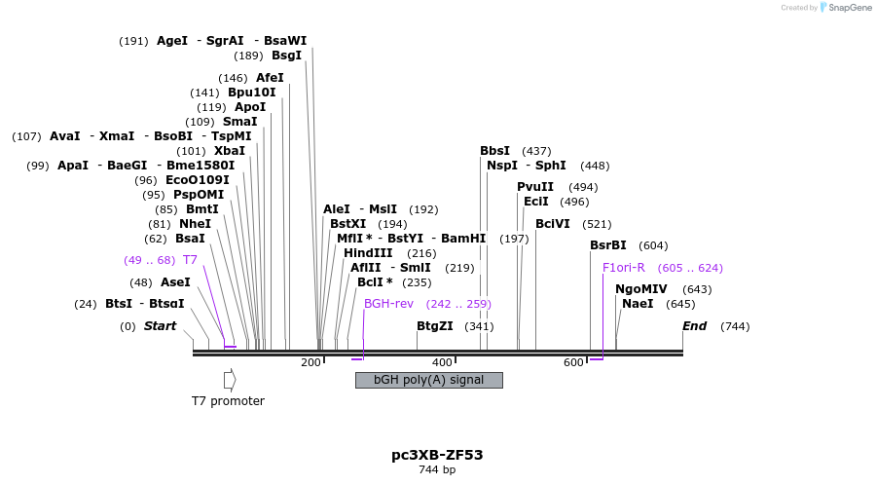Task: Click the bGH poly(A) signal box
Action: tap(428, 380)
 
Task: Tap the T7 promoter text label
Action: tap(228, 401)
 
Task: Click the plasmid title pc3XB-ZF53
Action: tap(437, 454)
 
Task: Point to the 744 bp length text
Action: tap(437, 470)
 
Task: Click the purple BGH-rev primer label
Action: tap(388, 304)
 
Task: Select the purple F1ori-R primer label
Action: tap(623, 268)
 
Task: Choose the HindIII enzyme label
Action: tap(368, 253)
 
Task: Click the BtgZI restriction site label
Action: tap(435, 326)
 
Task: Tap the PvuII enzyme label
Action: tap(535, 187)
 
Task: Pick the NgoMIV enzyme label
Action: tap(641, 289)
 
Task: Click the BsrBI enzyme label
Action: tap(608, 245)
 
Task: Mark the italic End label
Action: tap(694, 326)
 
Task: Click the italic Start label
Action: tap(161, 326)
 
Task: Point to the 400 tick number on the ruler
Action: tap(442, 362)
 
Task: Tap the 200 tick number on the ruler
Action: tap(310, 362)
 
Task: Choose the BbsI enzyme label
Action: tap(494, 151)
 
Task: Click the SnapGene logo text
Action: tap(850, 8)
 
